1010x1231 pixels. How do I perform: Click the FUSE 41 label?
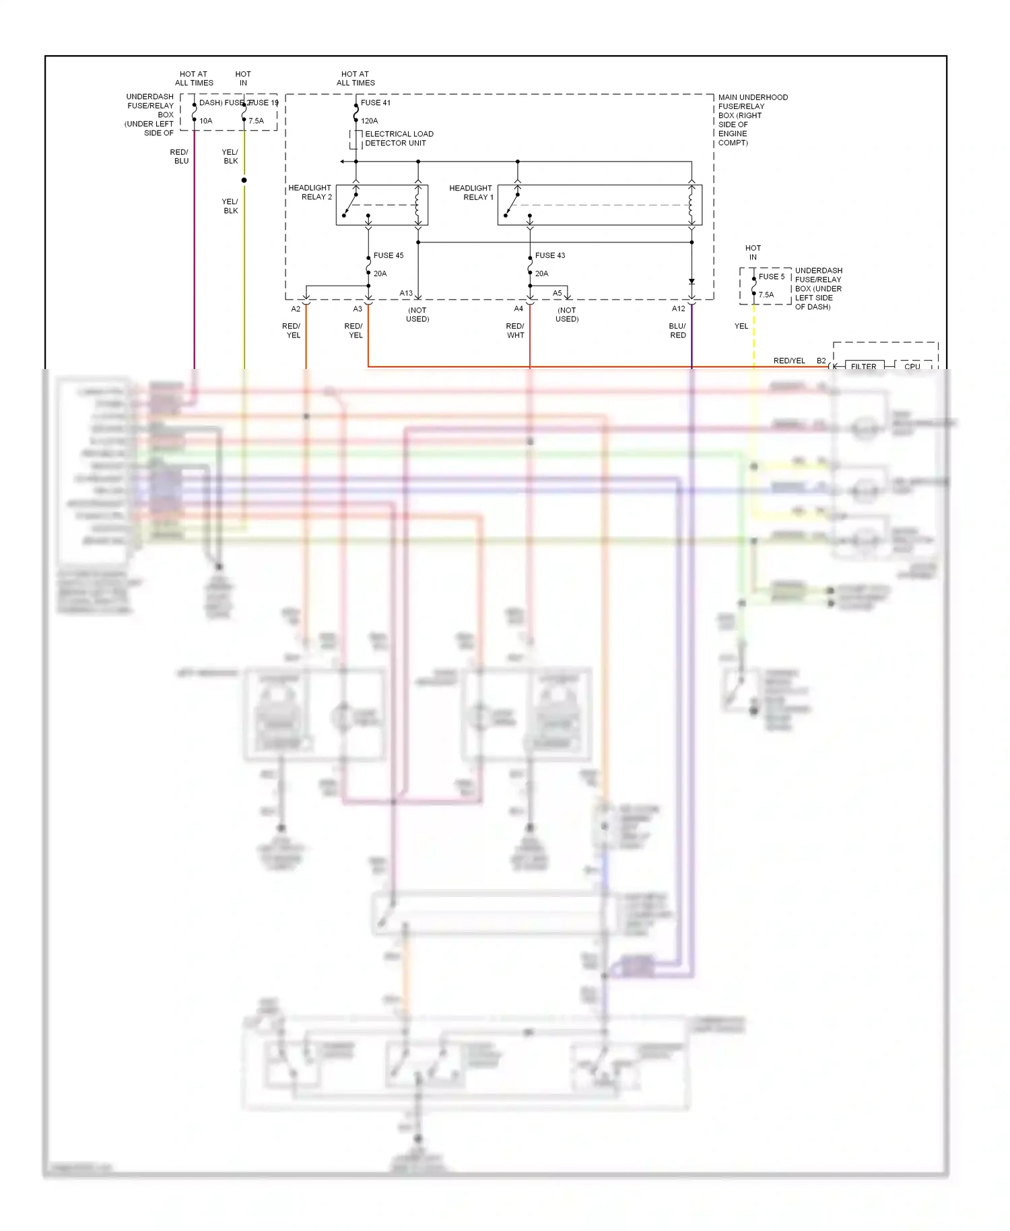tap(375, 103)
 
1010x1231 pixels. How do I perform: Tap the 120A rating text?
tap(369, 121)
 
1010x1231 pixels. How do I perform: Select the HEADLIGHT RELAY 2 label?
tap(310, 193)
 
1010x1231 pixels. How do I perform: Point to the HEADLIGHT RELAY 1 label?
tap(471, 193)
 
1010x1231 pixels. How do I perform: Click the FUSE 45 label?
tap(389, 256)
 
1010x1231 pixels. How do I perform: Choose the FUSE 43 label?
tap(550, 256)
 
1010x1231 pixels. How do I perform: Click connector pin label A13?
tap(406, 294)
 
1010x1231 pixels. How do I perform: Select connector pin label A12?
tap(678, 309)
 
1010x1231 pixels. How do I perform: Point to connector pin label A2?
tap(296, 309)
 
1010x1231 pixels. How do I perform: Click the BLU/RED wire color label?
tap(677, 331)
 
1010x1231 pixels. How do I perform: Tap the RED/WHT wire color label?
tap(515, 331)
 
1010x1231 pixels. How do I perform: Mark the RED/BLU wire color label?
tap(180, 157)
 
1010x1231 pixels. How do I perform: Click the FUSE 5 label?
tap(772, 277)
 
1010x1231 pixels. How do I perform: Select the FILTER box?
tap(864, 366)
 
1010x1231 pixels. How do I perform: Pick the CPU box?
tap(912, 366)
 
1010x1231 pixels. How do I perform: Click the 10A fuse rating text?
tap(206, 121)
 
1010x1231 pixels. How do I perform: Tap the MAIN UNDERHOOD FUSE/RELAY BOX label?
tap(752, 120)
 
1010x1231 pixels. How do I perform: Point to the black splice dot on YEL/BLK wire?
tap(244, 180)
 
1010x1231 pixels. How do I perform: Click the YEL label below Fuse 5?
tap(741, 326)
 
